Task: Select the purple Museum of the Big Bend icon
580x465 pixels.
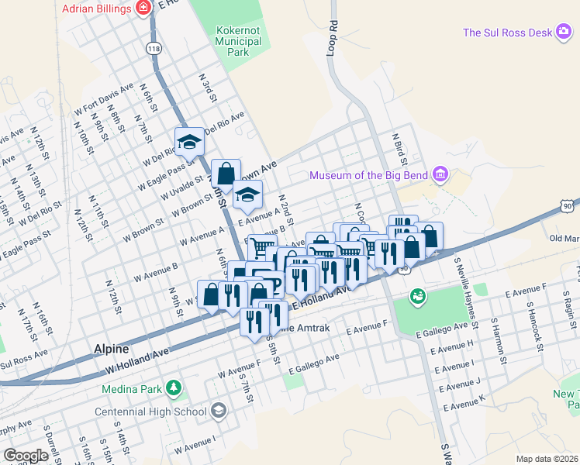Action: point(440,174)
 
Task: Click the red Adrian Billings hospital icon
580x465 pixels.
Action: point(142,8)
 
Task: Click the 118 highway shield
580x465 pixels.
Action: point(154,48)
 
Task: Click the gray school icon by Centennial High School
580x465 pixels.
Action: point(219,410)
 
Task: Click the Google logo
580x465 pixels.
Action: point(26,456)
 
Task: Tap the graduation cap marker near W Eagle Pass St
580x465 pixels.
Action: point(189,142)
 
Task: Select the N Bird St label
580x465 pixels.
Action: point(400,147)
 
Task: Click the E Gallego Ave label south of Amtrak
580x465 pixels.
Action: point(313,361)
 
